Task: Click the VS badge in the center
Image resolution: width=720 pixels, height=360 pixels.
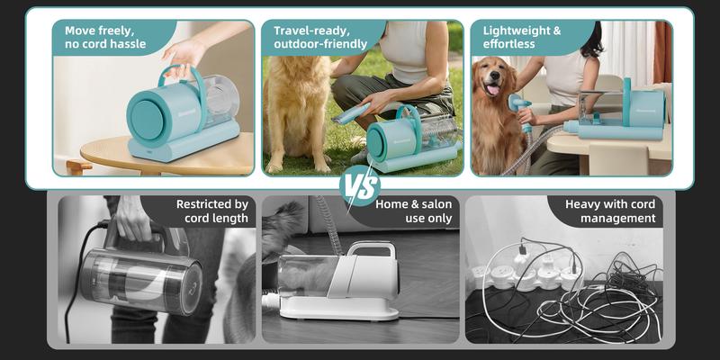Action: click(x=360, y=186)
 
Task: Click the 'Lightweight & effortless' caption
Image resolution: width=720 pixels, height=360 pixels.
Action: click(x=521, y=37)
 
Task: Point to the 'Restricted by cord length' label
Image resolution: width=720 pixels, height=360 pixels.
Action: click(x=211, y=211)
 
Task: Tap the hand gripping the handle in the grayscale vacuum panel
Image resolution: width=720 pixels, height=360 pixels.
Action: click(x=132, y=219)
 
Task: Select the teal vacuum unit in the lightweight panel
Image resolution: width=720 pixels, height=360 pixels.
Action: click(x=621, y=112)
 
